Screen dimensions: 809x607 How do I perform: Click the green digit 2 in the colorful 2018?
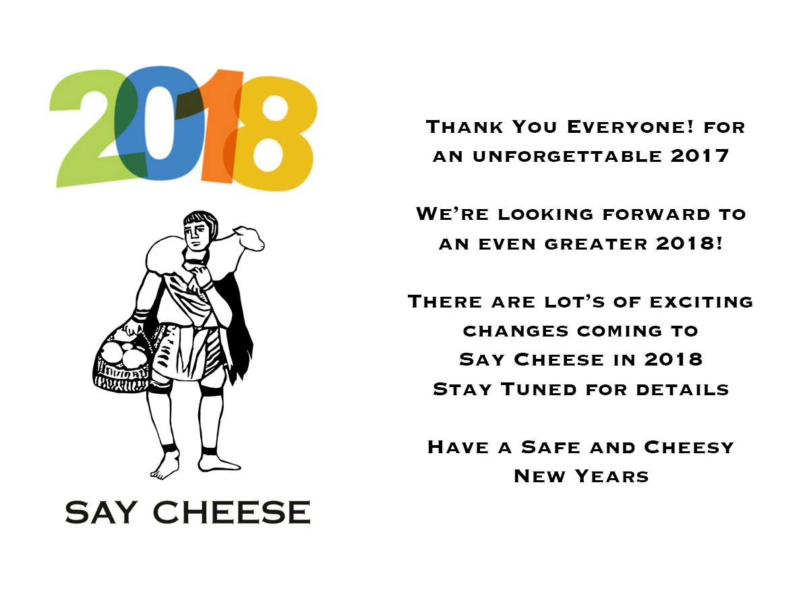[92, 148]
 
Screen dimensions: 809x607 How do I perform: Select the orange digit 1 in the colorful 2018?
[220, 126]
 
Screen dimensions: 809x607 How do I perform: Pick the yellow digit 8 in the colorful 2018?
[273, 134]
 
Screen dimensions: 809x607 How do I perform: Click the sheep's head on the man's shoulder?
[249, 238]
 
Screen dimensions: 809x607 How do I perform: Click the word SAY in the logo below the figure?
[100, 513]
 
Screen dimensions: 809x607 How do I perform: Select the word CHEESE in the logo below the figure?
[232, 513]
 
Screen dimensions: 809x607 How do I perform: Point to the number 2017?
[700, 156]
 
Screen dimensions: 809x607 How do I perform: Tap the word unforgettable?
[567, 156]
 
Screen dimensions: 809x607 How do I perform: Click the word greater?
[596, 244]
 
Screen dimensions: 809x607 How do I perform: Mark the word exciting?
[701, 302]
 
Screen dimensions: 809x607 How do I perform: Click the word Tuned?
[539, 389]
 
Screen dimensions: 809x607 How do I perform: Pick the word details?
[682, 390]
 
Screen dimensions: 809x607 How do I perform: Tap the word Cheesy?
[689, 447]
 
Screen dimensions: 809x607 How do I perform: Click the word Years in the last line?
[612, 476]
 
